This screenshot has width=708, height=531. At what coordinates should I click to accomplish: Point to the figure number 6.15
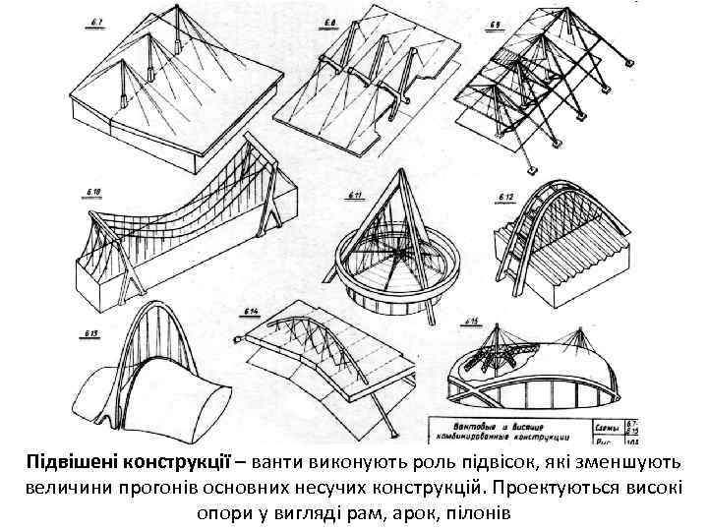click(x=472, y=322)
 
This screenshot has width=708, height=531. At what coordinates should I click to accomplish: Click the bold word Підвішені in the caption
click(x=77, y=462)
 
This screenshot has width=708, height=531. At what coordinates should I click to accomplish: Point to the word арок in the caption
click(x=405, y=513)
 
